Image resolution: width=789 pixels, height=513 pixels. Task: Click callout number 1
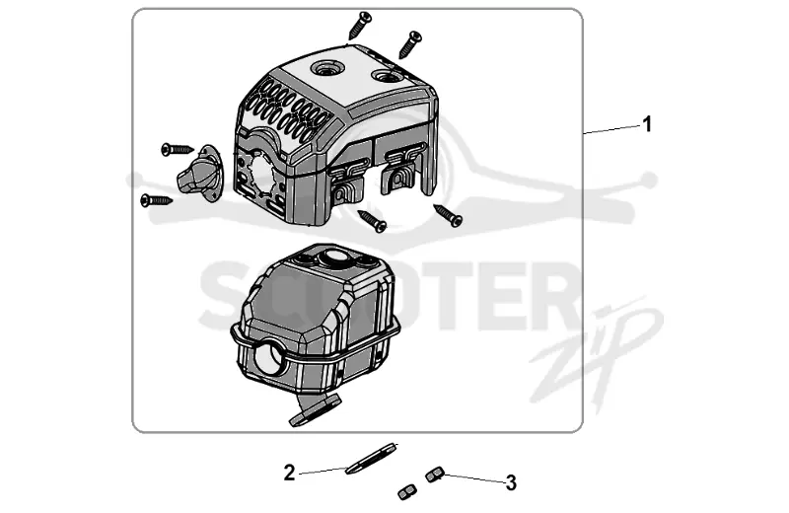[647, 124]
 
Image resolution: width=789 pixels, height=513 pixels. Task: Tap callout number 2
[289, 473]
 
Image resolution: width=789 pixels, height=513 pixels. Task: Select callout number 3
[511, 482]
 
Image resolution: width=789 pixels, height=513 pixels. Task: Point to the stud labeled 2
[372, 458]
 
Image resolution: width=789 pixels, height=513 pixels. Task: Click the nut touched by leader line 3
[434, 475]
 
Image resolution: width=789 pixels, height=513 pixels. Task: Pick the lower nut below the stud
[406, 492]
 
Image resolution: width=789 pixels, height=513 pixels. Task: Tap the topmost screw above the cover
[360, 25]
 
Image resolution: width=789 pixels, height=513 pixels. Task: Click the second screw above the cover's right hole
[410, 44]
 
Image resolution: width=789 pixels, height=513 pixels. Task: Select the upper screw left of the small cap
[178, 149]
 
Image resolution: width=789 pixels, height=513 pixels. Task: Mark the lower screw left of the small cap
[157, 200]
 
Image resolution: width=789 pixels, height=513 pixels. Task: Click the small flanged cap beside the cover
[199, 169]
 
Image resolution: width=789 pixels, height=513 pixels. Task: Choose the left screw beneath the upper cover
[373, 221]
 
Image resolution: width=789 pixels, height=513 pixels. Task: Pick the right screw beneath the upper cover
[448, 215]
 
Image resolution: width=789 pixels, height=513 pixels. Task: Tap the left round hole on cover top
[326, 68]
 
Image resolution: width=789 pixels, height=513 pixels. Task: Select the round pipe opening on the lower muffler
[269, 356]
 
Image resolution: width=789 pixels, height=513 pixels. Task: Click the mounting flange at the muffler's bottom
[316, 410]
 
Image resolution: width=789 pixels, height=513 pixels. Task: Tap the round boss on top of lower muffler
[332, 257]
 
